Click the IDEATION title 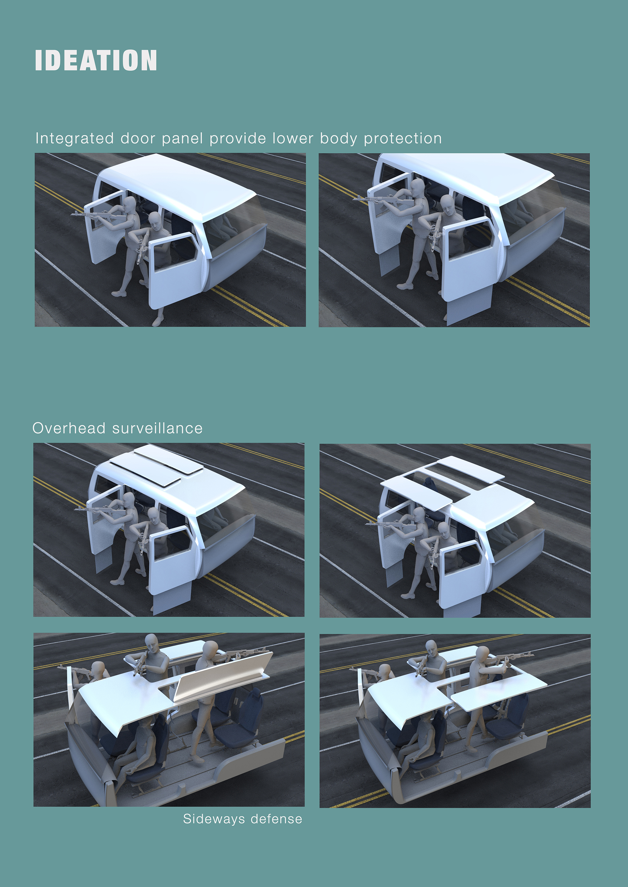96,60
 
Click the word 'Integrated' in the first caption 75,139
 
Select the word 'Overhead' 69,428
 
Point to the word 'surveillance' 157,428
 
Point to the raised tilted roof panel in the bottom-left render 223,674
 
